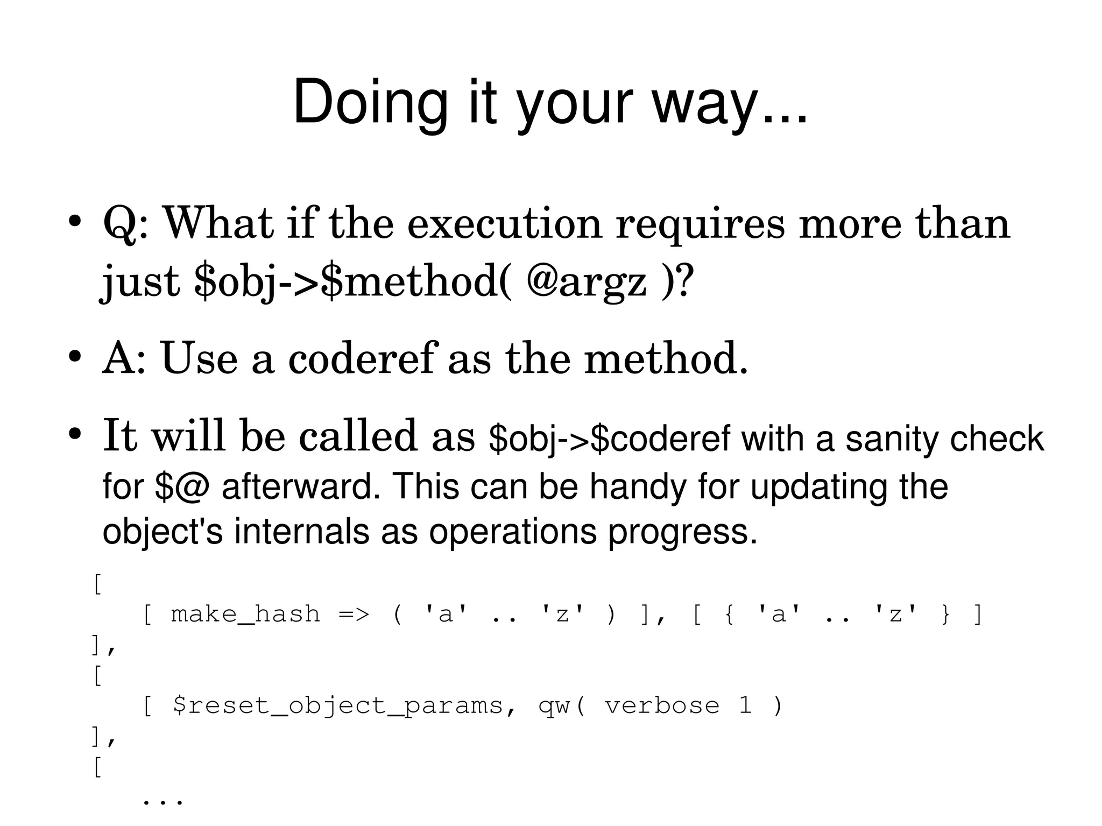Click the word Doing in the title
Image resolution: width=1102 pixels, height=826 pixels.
click(370, 102)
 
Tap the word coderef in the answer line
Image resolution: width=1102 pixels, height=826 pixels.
click(361, 358)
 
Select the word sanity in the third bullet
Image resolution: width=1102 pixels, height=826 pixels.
click(892, 439)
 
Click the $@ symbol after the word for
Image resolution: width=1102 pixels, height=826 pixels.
click(181, 486)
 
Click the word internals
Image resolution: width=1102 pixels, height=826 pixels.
click(302, 532)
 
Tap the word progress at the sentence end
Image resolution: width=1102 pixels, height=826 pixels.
click(682, 532)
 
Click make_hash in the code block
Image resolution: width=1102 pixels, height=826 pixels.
click(245, 614)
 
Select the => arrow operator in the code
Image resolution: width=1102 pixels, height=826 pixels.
click(354, 614)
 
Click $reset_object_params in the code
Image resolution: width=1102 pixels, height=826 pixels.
click(338, 705)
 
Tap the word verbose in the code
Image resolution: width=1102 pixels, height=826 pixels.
click(662, 705)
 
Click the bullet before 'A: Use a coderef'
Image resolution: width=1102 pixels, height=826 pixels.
click(74, 357)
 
